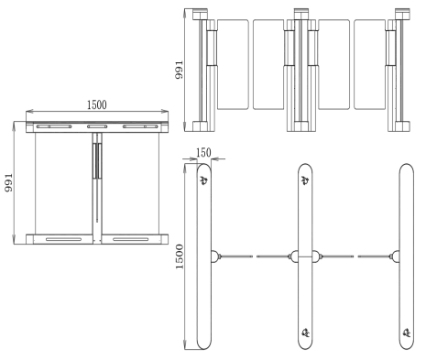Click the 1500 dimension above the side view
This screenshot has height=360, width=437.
97,104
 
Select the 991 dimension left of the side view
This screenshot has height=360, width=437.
9,182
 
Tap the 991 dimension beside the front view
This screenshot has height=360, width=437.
179,70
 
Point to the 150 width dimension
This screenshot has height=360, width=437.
203,152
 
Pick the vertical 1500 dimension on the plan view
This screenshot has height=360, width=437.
180,256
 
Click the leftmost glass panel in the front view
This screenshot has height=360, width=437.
233,64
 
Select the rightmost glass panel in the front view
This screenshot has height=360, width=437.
369,64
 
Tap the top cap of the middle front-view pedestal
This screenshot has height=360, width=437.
301,14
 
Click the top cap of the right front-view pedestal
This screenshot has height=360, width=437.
402,14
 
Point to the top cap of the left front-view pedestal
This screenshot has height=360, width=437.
200,14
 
